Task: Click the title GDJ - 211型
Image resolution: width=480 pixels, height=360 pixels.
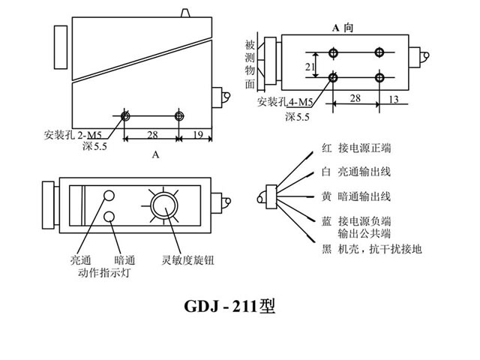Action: coord(230,307)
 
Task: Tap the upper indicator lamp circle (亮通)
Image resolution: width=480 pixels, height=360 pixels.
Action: coord(109,196)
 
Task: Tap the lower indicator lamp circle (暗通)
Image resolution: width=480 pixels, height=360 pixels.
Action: coord(109,217)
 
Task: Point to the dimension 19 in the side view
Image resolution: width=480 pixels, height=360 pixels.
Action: coord(197,134)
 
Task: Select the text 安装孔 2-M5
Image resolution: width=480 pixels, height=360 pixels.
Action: coord(73,136)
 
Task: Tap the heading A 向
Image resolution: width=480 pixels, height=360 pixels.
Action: coord(342,28)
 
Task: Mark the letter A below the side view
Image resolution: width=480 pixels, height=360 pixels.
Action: coord(156,155)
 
